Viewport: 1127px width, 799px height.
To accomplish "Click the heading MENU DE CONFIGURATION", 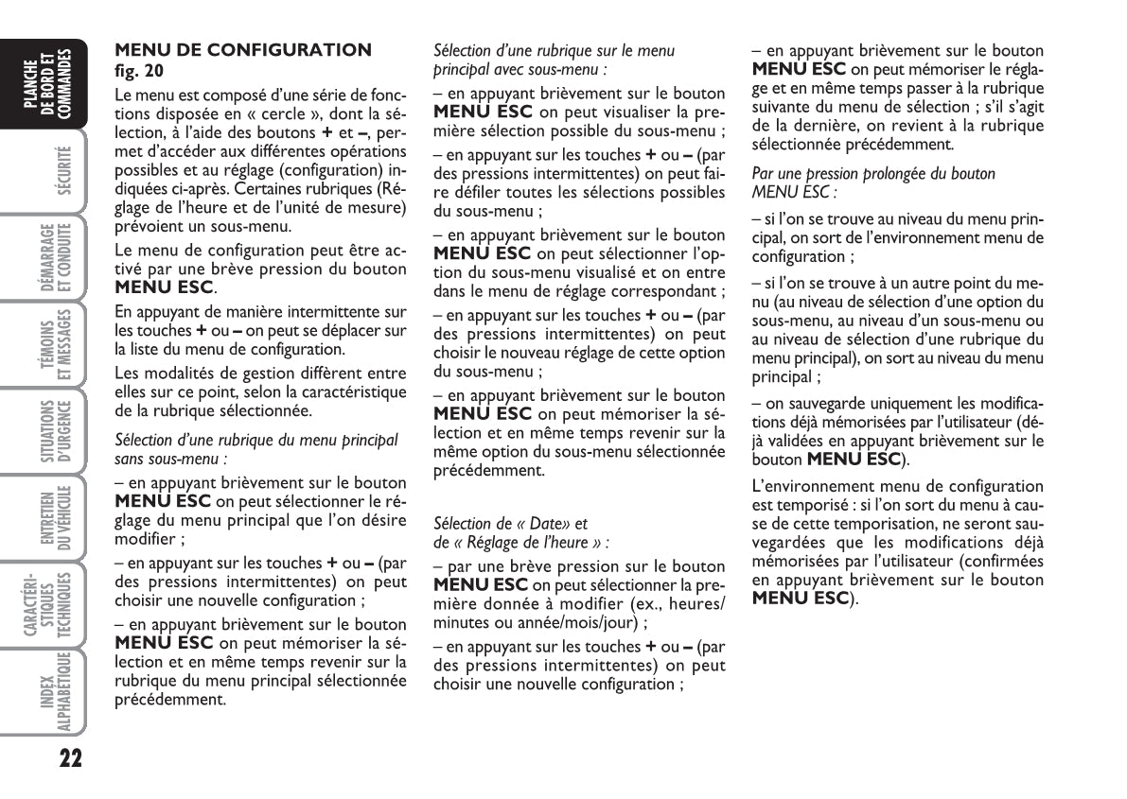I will [x=242, y=50].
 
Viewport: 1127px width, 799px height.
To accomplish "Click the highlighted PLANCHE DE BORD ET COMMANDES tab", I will [x=47, y=85].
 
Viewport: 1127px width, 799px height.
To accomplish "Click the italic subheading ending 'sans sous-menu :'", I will [x=171, y=460].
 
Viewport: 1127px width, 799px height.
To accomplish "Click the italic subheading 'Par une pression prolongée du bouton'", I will [x=872, y=174].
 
